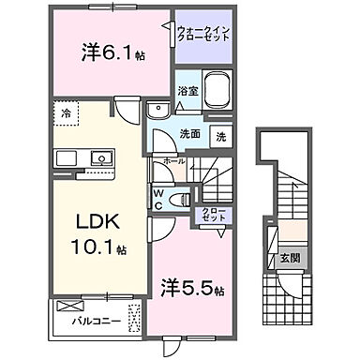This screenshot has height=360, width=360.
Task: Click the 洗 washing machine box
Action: coord(222,135)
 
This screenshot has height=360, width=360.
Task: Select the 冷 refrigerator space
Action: coord(67,113)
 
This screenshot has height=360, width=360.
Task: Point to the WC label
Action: coord(158,199)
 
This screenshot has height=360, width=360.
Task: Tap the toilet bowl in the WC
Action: coord(184,201)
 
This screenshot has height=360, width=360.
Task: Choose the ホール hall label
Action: coord(173,162)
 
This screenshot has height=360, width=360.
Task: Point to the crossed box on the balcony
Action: coord(67,306)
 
